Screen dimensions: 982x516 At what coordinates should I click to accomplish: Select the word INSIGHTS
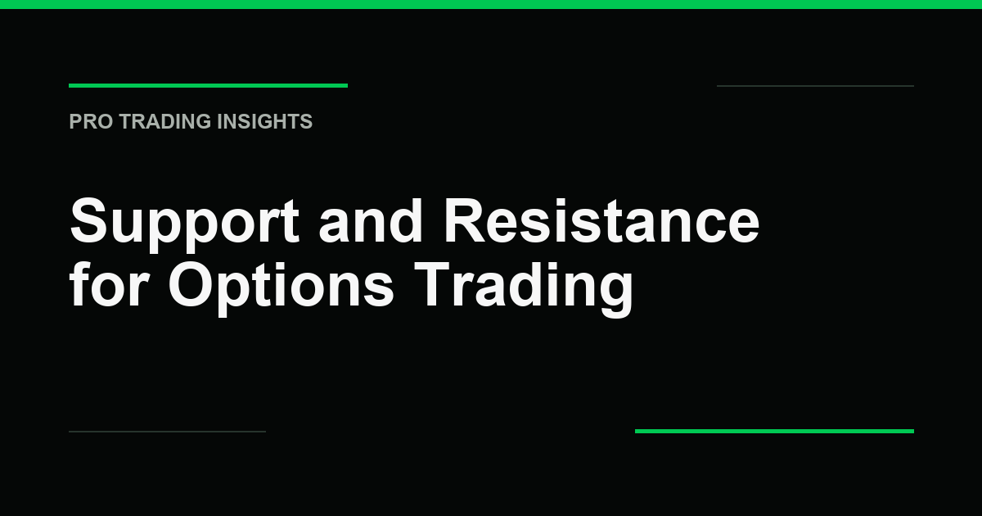(x=265, y=121)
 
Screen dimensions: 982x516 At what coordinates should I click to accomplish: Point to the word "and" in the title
(x=371, y=220)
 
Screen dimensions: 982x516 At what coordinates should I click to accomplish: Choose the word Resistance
(x=601, y=220)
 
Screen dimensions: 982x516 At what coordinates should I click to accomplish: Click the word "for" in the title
(x=109, y=284)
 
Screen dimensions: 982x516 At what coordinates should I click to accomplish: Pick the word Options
(x=281, y=288)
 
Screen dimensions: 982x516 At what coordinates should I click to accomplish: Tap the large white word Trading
(x=524, y=288)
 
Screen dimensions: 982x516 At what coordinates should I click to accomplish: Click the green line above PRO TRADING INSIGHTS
(x=208, y=85)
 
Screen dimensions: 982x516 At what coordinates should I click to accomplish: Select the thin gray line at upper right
(x=815, y=86)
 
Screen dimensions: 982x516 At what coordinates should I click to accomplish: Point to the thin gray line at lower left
(x=168, y=432)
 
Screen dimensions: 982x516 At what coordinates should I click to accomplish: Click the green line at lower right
(x=775, y=432)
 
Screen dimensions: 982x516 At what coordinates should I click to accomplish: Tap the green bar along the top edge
(x=491, y=4)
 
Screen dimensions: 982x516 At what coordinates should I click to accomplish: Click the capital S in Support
(x=88, y=220)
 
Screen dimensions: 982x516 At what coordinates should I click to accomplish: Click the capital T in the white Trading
(x=433, y=284)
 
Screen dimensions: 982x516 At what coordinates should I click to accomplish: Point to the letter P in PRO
(x=75, y=121)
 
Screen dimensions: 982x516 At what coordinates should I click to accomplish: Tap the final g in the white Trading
(x=616, y=294)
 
